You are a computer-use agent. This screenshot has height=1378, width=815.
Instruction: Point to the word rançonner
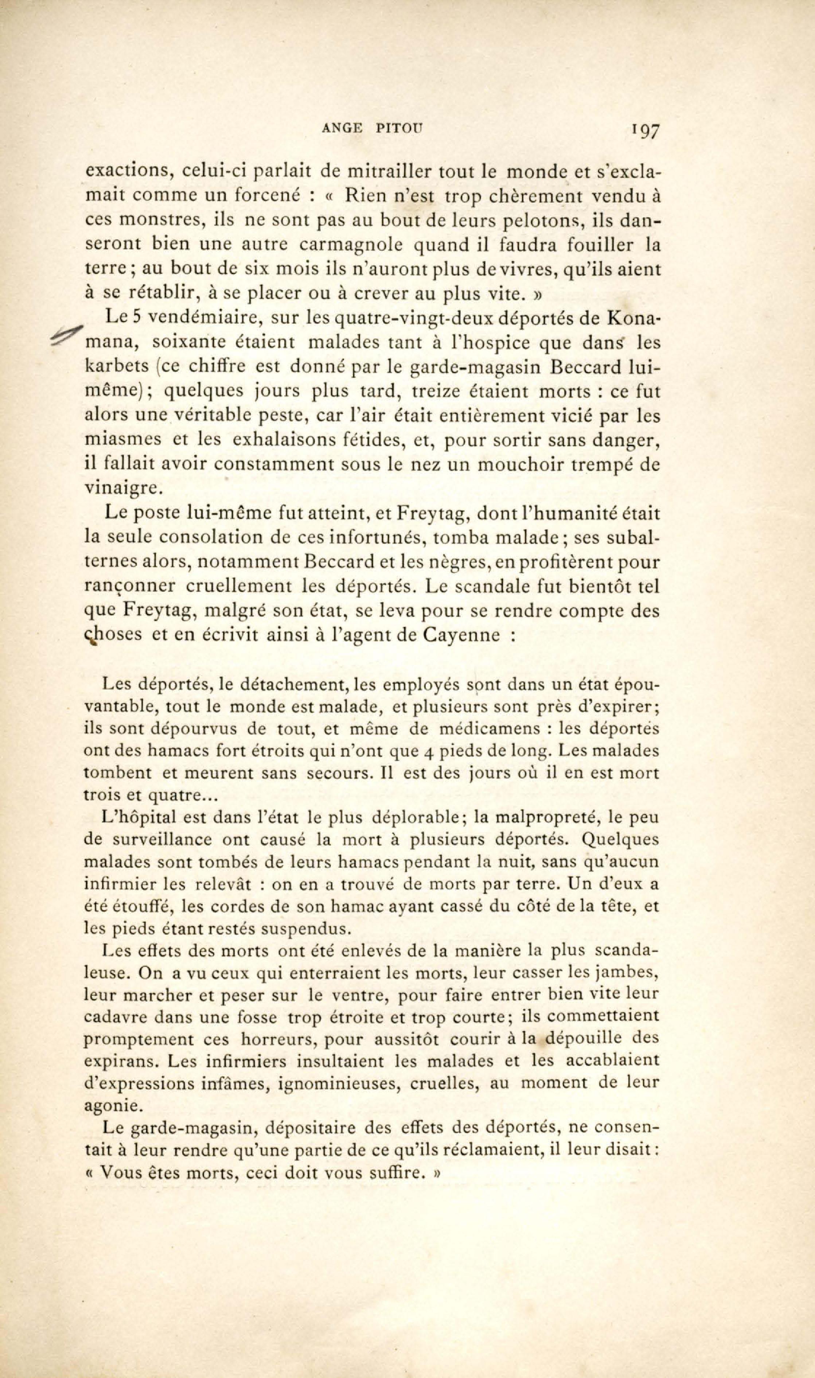[130, 587]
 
